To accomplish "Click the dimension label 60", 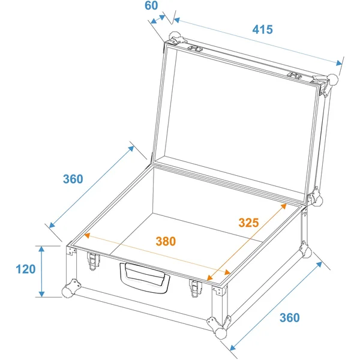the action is tap(151, 5).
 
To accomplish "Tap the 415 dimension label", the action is tap(263, 29).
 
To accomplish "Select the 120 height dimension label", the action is tap(26, 269).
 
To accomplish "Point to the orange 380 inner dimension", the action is tap(166, 241).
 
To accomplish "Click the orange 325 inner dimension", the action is tap(248, 223).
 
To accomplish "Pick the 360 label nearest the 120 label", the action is tap(73, 179).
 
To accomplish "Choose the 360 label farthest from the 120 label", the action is tap(290, 318).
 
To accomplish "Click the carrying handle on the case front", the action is tap(145, 278).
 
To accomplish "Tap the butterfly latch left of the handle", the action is tap(93, 261).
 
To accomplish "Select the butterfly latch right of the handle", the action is tap(196, 288).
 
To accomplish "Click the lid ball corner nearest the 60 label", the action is tap(175, 37).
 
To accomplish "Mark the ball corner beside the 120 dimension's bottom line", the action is tap(67, 292).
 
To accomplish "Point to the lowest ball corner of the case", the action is tap(221, 334).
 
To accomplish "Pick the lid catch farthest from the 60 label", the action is tap(295, 76).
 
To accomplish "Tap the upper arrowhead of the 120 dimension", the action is tap(41, 249).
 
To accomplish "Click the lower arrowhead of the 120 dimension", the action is tap(41, 294).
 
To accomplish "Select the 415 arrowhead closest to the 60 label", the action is tap(176, 20).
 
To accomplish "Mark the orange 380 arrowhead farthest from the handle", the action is tap(87, 235).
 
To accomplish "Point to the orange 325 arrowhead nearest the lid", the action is tap(284, 206).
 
